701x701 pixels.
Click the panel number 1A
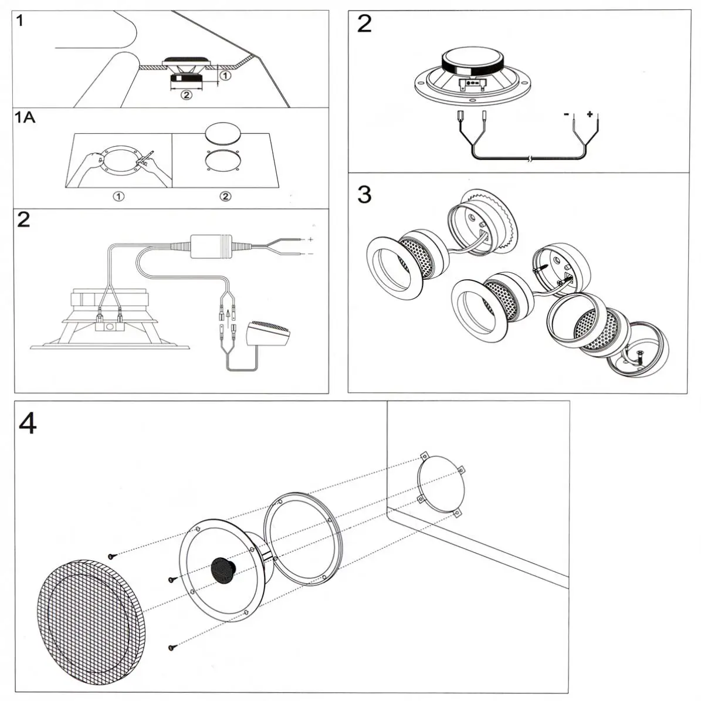(25, 117)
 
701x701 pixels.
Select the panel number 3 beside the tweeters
(364, 194)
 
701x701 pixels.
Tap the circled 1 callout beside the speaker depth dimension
(225, 75)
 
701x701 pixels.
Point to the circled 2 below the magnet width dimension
(186, 94)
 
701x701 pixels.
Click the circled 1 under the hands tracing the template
(118, 196)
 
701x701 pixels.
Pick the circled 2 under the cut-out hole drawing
(225, 196)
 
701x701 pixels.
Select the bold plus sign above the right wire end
(590, 115)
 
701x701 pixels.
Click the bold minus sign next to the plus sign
(566, 115)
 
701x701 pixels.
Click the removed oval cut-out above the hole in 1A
(223, 133)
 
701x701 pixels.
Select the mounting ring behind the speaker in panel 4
(302, 539)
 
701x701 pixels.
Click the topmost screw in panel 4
(110, 555)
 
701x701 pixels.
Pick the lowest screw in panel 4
(172, 648)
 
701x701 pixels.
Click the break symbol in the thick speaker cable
(530, 159)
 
